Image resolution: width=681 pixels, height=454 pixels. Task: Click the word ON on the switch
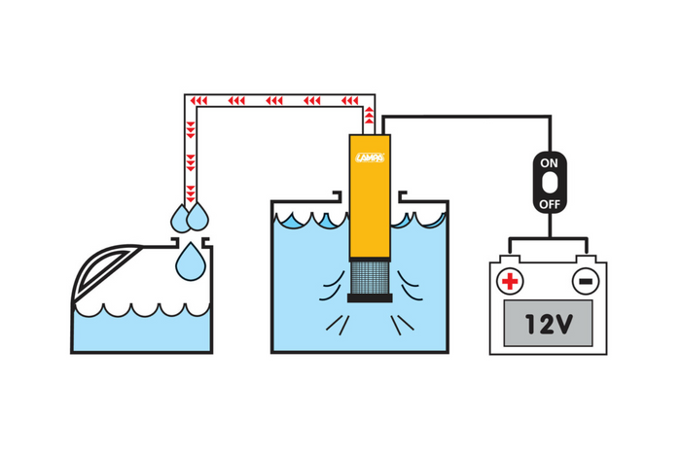549,163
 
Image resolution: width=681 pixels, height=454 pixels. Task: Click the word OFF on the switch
550,204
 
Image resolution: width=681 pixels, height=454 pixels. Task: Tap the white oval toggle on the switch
550,183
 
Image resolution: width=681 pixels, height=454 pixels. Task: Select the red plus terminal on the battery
510,281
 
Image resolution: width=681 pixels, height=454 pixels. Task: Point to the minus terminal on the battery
586,281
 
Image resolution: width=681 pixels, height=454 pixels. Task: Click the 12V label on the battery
549,324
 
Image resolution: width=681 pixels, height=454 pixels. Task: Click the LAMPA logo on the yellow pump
370,157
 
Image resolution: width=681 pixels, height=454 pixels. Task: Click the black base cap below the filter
370,297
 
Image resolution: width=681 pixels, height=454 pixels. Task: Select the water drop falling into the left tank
191,262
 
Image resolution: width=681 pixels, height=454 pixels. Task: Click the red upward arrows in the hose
369,114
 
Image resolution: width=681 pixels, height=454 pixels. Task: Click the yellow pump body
370,197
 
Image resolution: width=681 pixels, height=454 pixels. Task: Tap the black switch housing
550,183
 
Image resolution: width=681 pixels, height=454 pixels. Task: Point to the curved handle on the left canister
103,270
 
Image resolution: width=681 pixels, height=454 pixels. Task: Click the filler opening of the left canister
191,241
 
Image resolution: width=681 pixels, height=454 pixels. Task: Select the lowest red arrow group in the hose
191,193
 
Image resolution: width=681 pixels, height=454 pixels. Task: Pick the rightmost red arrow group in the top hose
349,101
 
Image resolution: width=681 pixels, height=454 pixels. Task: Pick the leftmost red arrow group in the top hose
198,101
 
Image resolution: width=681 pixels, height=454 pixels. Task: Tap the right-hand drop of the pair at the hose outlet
197,217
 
